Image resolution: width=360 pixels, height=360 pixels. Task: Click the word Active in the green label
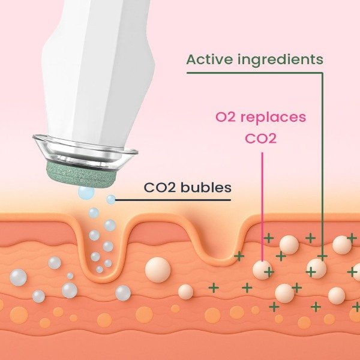209,59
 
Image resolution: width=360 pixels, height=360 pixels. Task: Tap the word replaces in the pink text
273,118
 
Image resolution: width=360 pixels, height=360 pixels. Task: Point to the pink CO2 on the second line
261,139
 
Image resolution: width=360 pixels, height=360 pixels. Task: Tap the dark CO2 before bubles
160,188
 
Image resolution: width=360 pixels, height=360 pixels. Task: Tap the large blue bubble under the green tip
86,193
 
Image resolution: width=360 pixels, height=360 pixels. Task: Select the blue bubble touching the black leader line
111,199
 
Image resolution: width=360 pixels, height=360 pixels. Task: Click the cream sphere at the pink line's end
262,270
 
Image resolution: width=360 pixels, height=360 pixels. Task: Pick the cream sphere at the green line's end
316,268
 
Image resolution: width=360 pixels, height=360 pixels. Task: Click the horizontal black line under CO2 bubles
173,200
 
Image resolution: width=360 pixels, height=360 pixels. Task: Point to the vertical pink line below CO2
262,207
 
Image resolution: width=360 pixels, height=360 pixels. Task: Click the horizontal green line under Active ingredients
255,73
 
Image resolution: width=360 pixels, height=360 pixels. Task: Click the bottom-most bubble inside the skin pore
100,269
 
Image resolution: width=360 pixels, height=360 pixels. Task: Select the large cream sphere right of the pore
158,269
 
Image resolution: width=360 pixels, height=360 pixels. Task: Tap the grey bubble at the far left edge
18,277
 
